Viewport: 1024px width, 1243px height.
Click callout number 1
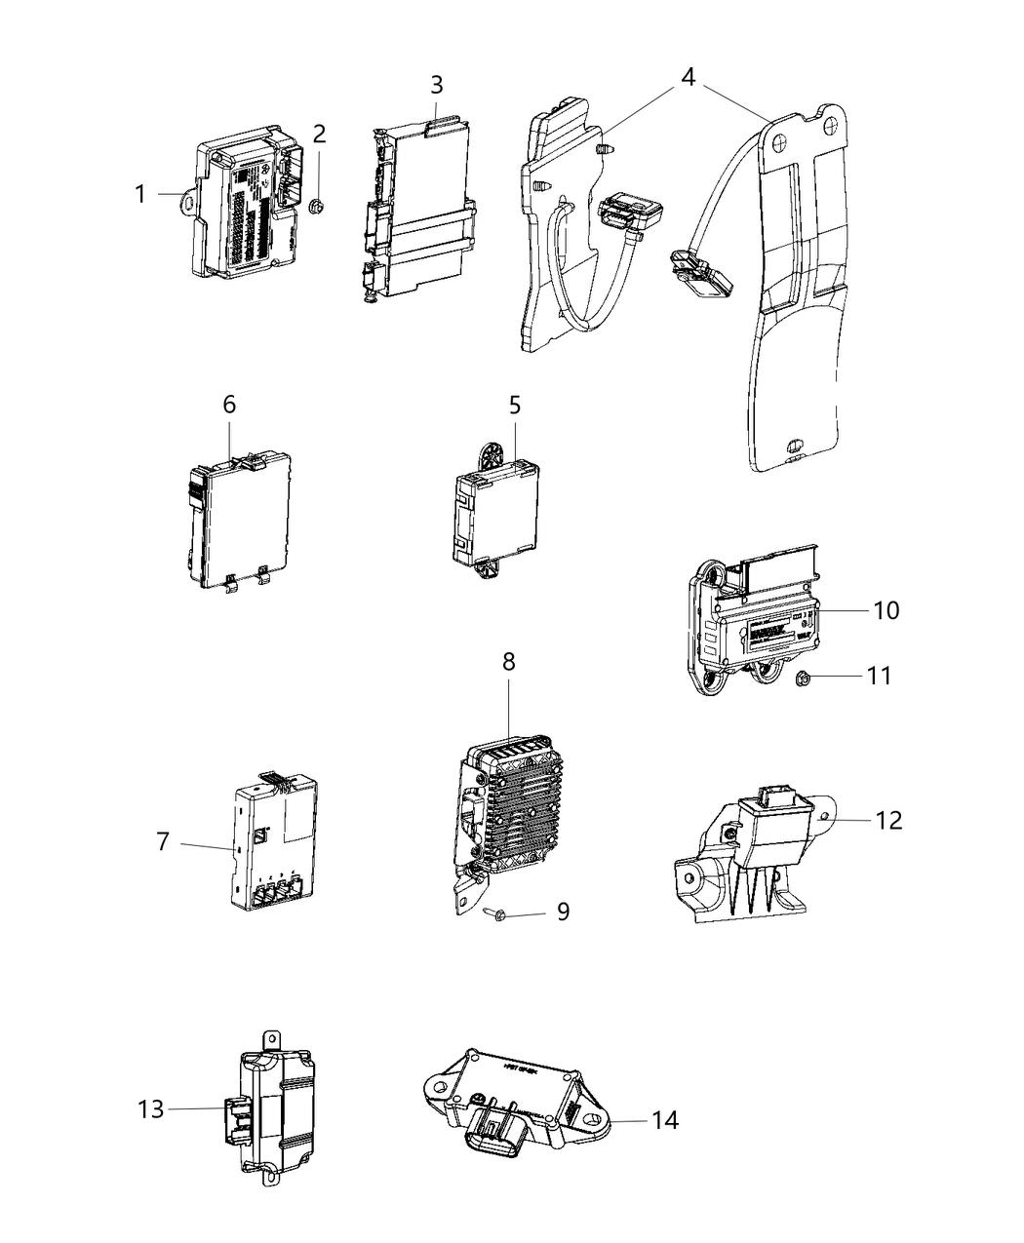coord(140,195)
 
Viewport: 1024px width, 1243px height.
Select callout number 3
coord(437,85)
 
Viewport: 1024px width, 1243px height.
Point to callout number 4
coord(689,76)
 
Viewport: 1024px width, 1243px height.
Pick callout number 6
coord(229,403)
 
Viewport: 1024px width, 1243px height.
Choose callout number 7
coord(163,840)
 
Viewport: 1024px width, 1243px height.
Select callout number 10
coord(886,610)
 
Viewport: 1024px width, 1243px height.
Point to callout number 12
coord(888,820)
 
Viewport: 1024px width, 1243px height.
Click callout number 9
coord(563,913)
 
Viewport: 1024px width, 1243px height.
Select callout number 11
coord(879,675)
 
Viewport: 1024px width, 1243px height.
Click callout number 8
coord(509,661)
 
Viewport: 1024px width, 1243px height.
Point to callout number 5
coord(515,403)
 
